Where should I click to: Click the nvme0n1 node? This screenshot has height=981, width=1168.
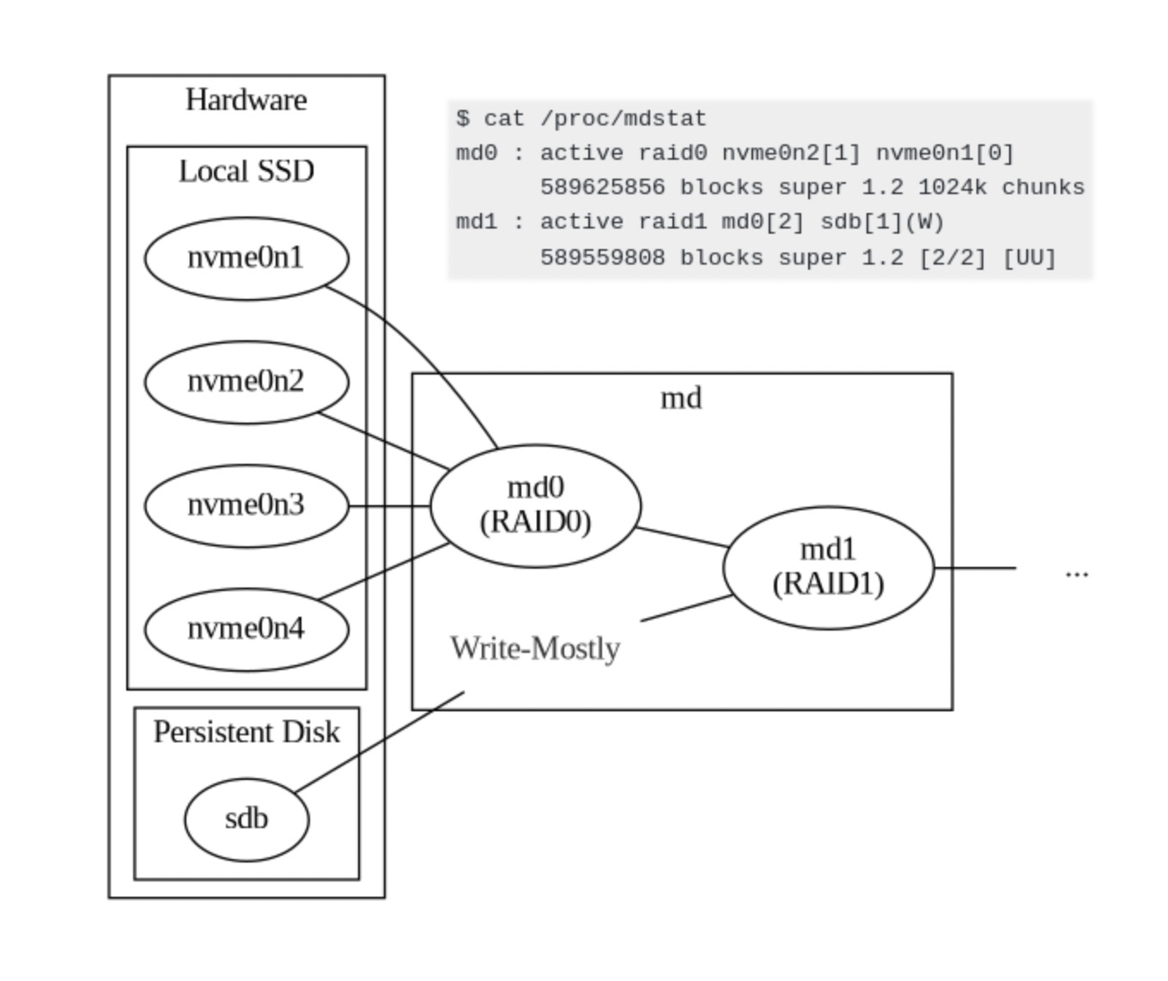(x=246, y=259)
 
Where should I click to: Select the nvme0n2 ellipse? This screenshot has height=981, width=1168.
(x=246, y=382)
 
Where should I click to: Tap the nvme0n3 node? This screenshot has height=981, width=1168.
(x=246, y=506)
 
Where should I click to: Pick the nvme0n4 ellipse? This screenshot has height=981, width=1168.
(x=246, y=630)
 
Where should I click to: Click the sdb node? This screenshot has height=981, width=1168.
(x=246, y=820)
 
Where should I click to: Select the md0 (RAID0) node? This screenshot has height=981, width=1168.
(x=535, y=506)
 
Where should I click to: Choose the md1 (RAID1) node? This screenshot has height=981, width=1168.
(x=829, y=568)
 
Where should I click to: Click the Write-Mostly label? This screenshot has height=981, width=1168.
(x=535, y=649)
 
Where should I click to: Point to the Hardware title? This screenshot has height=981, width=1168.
(x=246, y=101)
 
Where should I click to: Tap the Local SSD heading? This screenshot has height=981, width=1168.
(x=246, y=171)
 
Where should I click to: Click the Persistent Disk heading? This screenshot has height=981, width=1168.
(x=246, y=732)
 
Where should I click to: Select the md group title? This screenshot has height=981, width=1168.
(x=681, y=399)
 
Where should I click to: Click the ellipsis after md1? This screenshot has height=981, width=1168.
(x=1077, y=573)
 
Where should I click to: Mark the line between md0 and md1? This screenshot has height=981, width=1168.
(x=683, y=537)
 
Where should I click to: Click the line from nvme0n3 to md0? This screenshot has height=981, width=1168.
(x=389, y=507)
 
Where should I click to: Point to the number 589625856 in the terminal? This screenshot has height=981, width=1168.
(x=602, y=187)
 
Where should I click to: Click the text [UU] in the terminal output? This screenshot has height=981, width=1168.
(x=1029, y=258)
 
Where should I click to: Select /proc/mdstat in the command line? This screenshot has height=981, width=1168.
(x=624, y=119)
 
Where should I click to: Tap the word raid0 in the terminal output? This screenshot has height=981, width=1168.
(x=673, y=153)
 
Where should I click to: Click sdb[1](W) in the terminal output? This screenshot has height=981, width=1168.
(x=882, y=222)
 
